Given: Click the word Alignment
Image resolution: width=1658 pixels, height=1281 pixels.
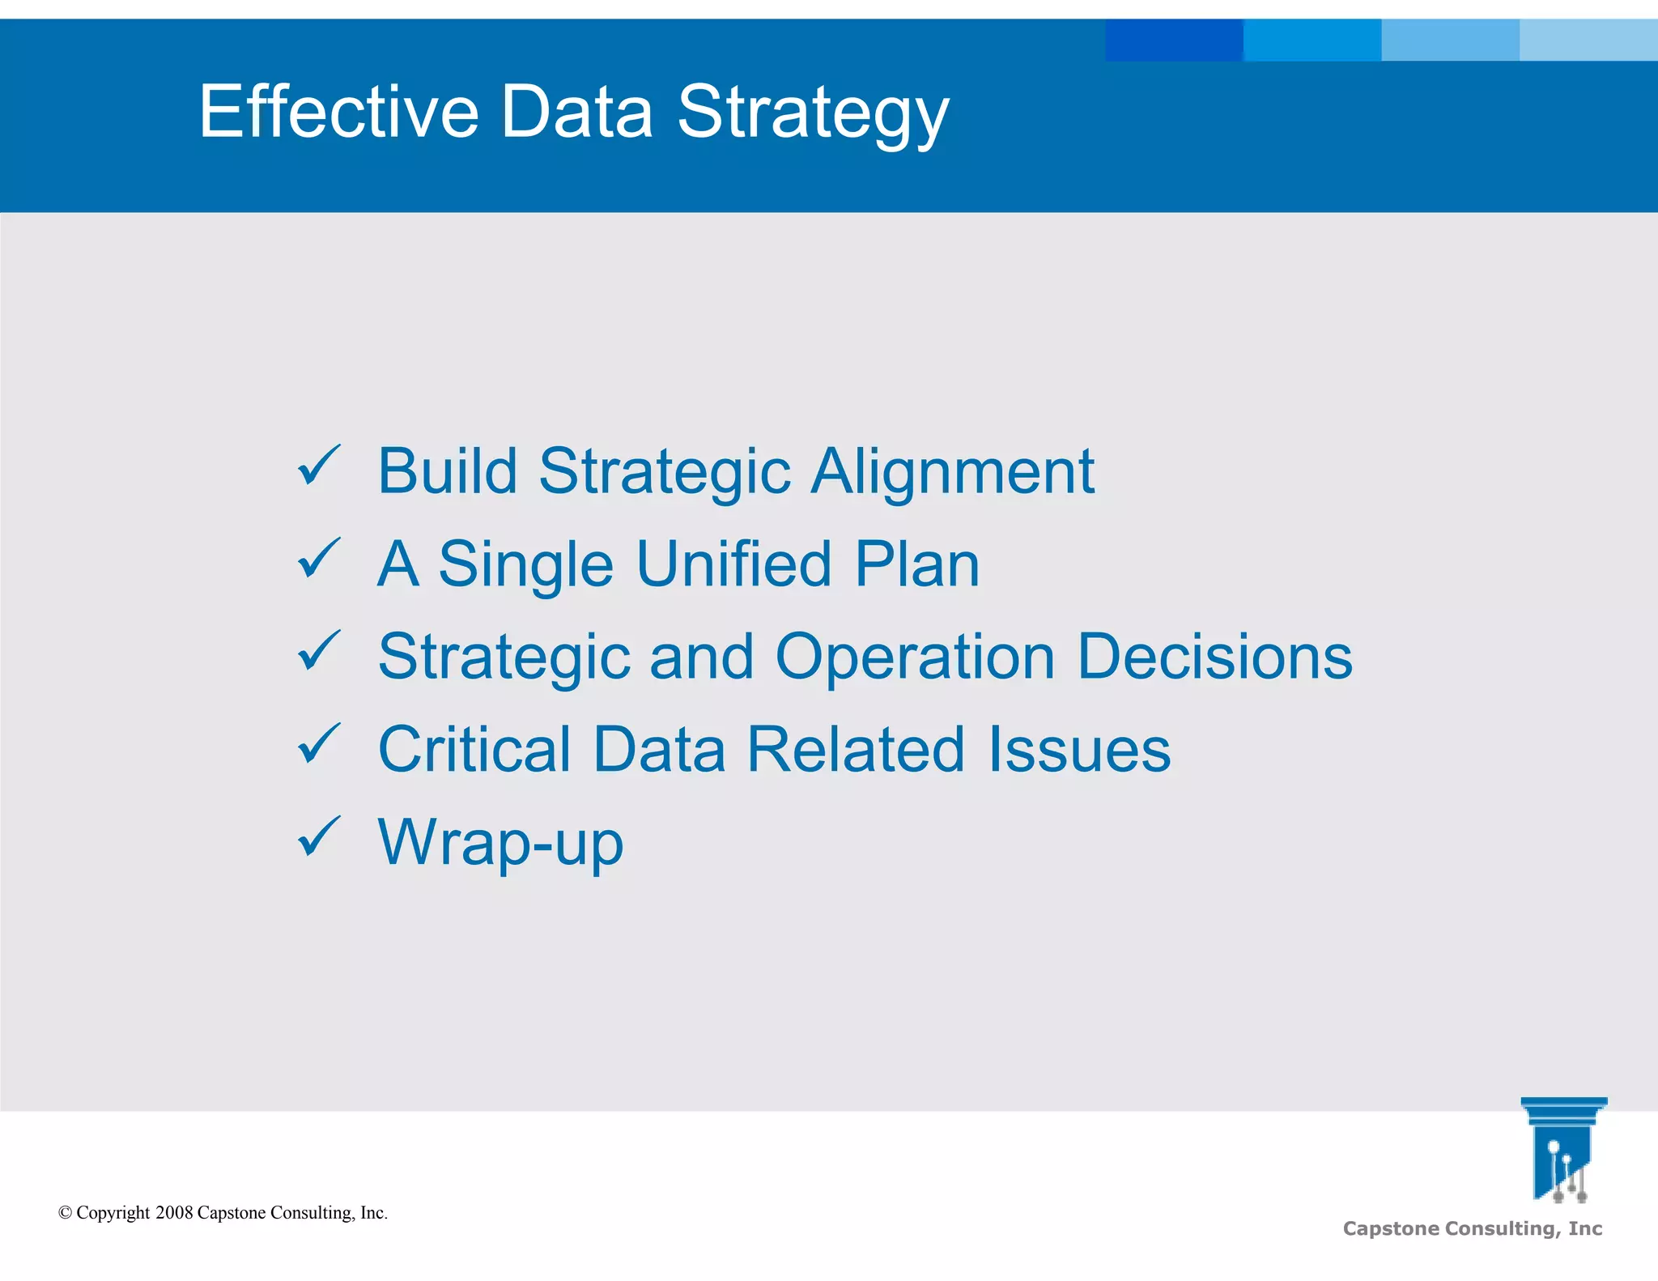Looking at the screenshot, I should pyautogui.click(x=953, y=473).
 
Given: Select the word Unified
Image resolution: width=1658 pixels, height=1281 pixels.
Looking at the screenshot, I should pyautogui.click(x=733, y=564).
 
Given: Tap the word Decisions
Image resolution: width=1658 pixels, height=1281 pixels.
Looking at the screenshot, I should pyautogui.click(x=1214, y=657).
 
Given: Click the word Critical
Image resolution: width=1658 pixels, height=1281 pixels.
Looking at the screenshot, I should pyautogui.click(x=474, y=749).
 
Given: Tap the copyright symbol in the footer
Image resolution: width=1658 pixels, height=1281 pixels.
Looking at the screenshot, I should pyautogui.click(x=66, y=1213).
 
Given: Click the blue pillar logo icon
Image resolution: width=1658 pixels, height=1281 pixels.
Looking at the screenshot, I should pyautogui.click(x=1562, y=1149).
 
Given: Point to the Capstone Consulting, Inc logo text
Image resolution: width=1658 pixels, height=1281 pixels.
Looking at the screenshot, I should pyautogui.click(x=1472, y=1228).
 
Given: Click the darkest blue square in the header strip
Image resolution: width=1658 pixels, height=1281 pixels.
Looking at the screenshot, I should pyautogui.click(x=1173, y=40).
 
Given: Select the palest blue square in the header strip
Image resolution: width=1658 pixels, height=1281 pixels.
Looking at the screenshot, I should pyautogui.click(x=1588, y=40).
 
